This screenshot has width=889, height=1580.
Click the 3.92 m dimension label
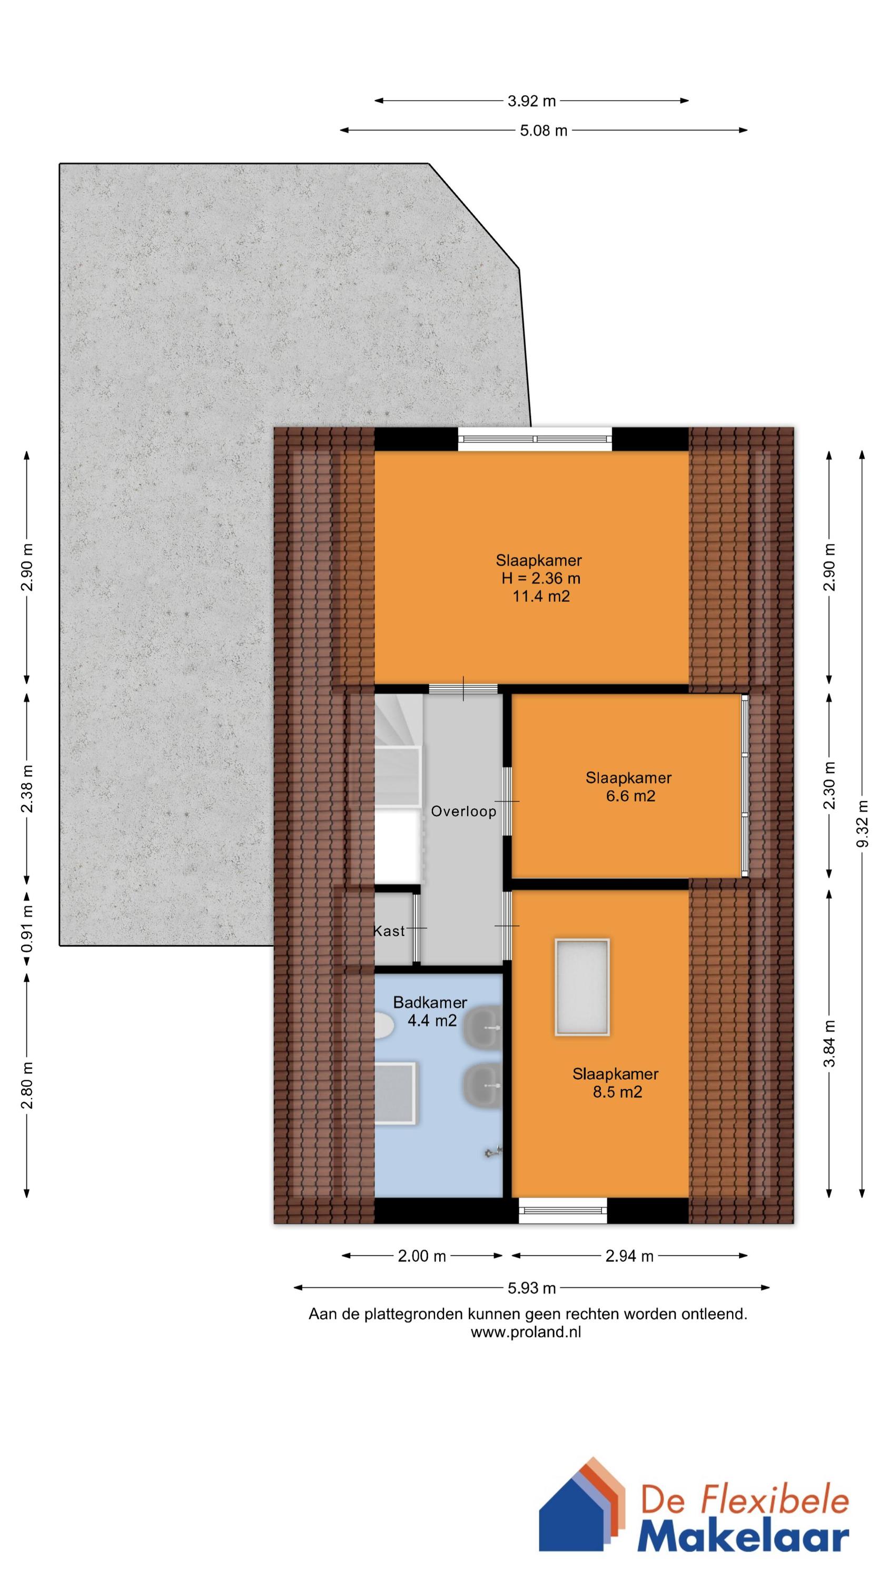coord(531,101)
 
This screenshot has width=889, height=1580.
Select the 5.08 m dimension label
coord(544,130)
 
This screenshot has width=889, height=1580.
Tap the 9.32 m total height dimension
coord(863,823)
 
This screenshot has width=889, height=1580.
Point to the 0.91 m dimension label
coord(27,931)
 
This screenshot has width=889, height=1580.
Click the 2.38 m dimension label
coord(27,789)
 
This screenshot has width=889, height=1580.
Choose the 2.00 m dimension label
coord(421,1256)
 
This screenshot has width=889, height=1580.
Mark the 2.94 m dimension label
coord(629,1256)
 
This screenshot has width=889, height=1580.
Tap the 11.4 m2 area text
coord(541,596)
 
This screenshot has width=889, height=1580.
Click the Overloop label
coord(463,812)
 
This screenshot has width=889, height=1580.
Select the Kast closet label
coord(390,931)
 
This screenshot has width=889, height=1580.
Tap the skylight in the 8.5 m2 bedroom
coord(581,987)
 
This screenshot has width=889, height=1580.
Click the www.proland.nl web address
coord(526,1332)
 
